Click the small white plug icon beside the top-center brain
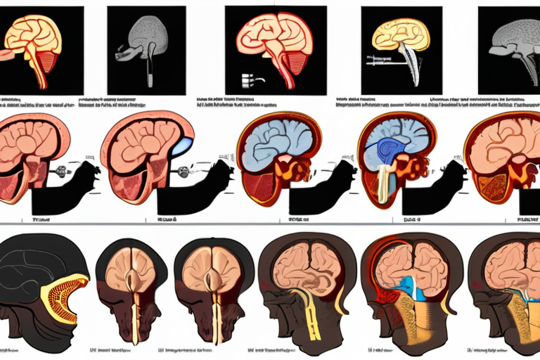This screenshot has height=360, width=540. coord(248,79)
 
